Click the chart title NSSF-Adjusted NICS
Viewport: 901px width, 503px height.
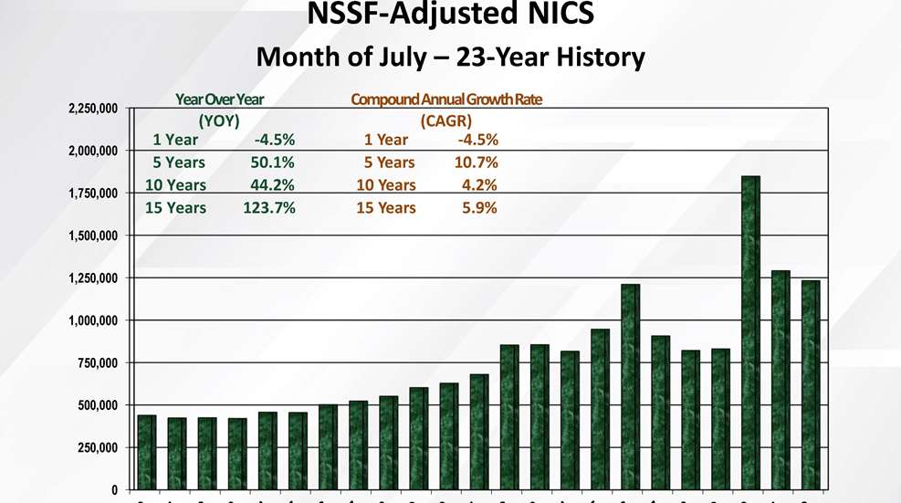click(x=450, y=16)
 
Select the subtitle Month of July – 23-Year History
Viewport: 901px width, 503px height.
click(x=450, y=58)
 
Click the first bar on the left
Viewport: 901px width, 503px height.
click(x=146, y=451)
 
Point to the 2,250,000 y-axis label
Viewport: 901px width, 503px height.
click(x=93, y=109)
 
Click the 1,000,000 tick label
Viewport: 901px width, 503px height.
click(x=93, y=320)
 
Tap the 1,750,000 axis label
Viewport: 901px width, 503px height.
click(x=93, y=194)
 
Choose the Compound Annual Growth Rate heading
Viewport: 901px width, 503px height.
click(x=446, y=100)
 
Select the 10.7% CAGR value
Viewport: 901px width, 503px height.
click(x=477, y=162)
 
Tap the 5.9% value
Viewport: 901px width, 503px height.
click(x=480, y=208)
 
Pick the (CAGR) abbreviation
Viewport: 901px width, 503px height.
click(x=445, y=120)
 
